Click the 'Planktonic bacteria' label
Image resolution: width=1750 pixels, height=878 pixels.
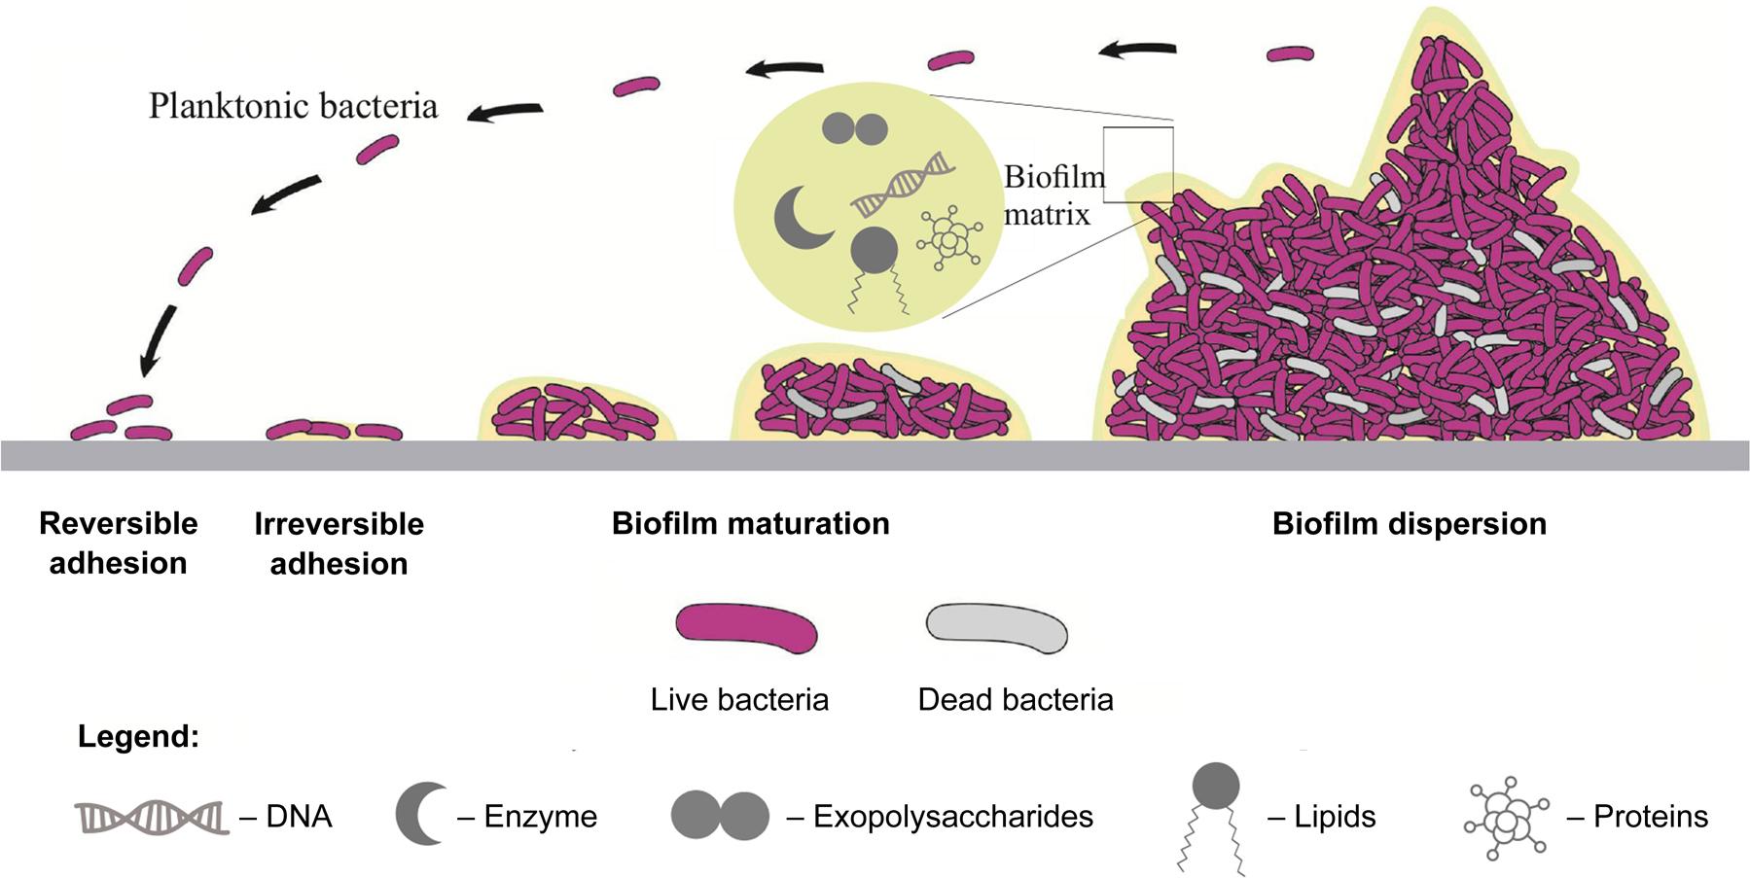coord(293,106)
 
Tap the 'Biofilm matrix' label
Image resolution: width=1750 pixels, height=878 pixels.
coord(1054,195)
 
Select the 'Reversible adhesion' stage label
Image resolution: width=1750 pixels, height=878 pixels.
coord(118,543)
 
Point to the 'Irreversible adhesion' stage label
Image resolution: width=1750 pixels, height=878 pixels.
coord(339,544)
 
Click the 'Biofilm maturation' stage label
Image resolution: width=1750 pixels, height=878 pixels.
coord(750,523)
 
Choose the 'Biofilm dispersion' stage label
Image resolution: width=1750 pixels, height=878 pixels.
coord(1409,523)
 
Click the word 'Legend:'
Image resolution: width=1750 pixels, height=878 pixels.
coord(138,736)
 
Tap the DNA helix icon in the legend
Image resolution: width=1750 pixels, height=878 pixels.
coord(152,817)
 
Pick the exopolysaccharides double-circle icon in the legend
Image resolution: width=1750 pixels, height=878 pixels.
coord(720,816)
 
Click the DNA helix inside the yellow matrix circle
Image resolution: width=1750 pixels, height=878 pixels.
coord(903,185)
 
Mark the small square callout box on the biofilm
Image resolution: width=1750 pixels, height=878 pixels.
coord(1137,163)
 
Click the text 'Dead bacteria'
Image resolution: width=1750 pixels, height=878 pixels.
coord(1015,699)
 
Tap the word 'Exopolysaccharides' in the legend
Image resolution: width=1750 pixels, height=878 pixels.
coord(952,816)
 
